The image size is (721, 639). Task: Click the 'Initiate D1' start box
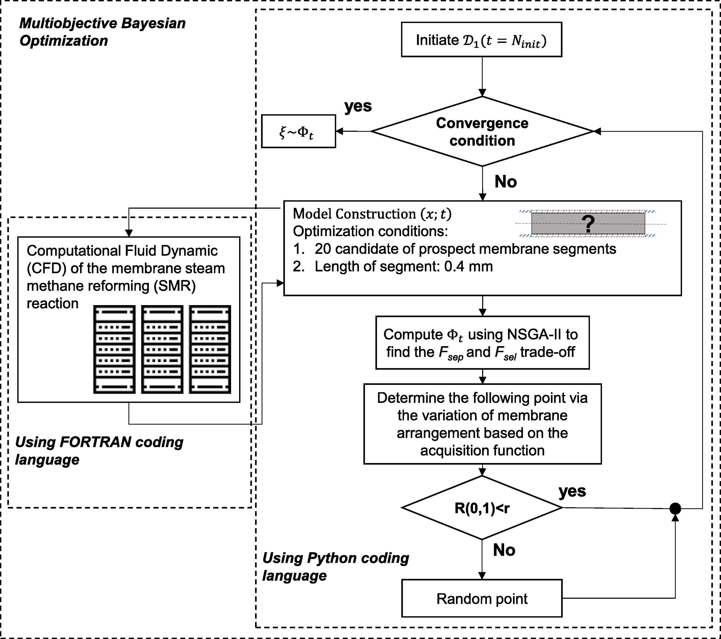482,39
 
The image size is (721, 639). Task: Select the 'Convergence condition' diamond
482,131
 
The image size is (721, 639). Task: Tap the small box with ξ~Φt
299,131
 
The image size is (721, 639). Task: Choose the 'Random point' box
482,598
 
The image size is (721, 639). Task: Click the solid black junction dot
675,508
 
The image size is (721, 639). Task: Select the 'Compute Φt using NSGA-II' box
482,342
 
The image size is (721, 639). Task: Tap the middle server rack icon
162,349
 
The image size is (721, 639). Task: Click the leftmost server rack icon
114,349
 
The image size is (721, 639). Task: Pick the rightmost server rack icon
210,349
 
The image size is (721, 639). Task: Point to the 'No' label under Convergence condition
506,182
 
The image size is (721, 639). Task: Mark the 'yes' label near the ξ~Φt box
358,106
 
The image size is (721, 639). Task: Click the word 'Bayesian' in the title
153,24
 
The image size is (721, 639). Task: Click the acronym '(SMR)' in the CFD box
175,286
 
